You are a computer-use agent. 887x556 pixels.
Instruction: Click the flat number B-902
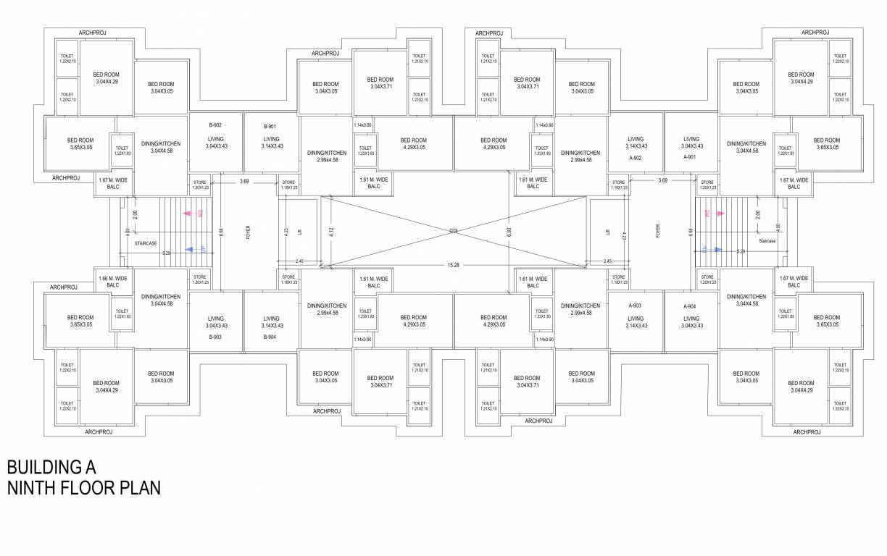(215, 125)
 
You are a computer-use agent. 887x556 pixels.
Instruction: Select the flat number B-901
(270, 126)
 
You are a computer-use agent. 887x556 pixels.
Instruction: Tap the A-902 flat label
(636, 157)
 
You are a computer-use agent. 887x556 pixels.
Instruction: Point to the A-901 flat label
(691, 157)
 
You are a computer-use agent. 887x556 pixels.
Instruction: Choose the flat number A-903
(636, 306)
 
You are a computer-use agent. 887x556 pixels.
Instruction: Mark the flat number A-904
(690, 306)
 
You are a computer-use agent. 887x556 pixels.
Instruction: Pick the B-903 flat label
(215, 337)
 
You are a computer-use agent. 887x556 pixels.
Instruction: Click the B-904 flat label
(270, 337)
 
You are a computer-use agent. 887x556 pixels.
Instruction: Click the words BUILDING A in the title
(51, 466)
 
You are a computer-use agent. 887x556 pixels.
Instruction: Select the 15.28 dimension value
(453, 266)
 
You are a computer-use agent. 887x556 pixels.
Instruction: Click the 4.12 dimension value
(331, 232)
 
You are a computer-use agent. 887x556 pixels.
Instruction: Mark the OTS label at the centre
(453, 231)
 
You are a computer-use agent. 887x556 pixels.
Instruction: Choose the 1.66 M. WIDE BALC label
(113, 281)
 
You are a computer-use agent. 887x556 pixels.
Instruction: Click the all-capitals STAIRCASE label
(146, 243)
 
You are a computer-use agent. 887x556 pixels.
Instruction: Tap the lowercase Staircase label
(768, 240)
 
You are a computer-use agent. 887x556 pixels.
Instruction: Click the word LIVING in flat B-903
(215, 318)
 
